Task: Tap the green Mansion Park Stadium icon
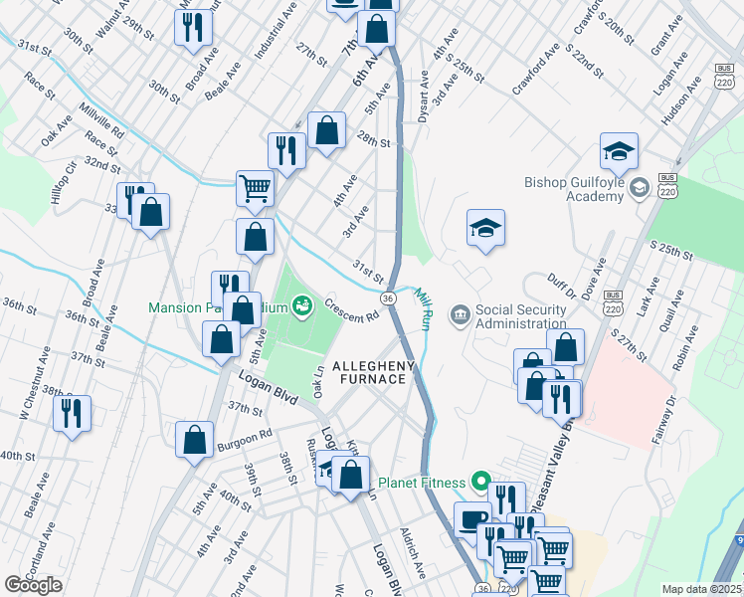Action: pyautogui.click(x=301, y=305)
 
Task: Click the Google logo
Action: pyautogui.click(x=33, y=585)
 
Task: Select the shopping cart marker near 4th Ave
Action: pyautogui.click(x=256, y=187)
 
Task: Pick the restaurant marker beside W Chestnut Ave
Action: pyautogui.click(x=72, y=412)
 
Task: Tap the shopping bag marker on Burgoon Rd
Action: pyautogui.click(x=195, y=438)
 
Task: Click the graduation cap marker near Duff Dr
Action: pyautogui.click(x=486, y=228)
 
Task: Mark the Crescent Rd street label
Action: pyautogui.click(x=351, y=310)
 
